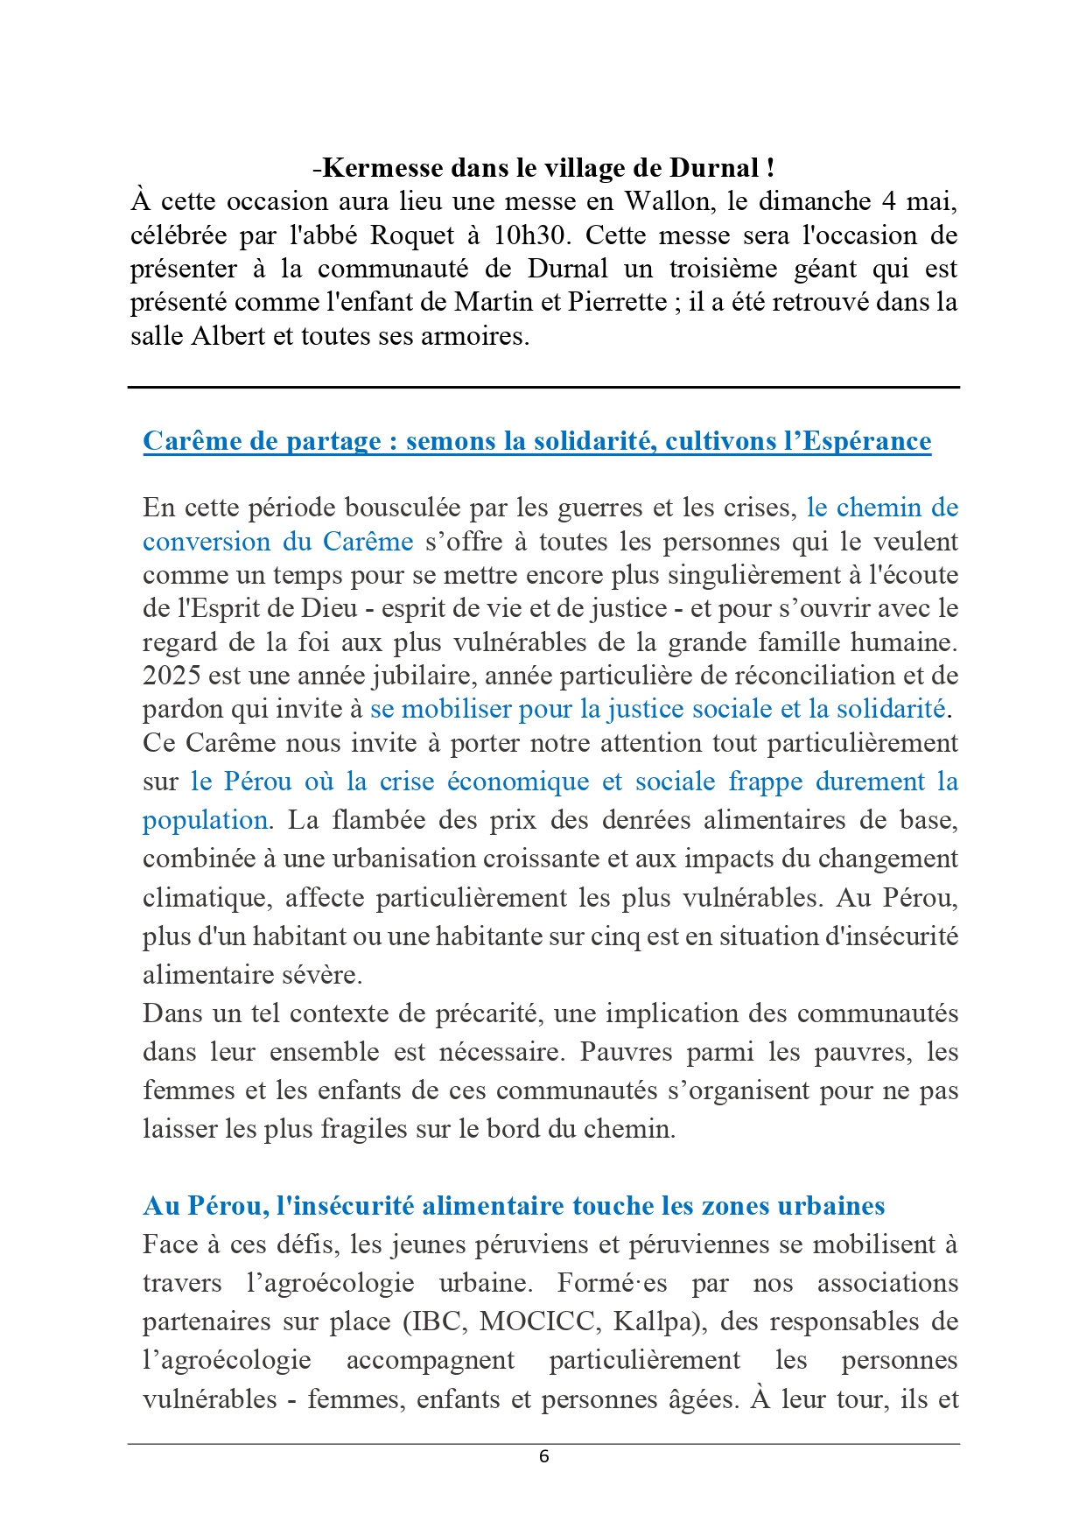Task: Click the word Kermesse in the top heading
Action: click(382, 168)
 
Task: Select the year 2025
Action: click(172, 676)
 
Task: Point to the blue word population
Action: click(205, 820)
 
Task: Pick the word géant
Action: click(826, 270)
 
